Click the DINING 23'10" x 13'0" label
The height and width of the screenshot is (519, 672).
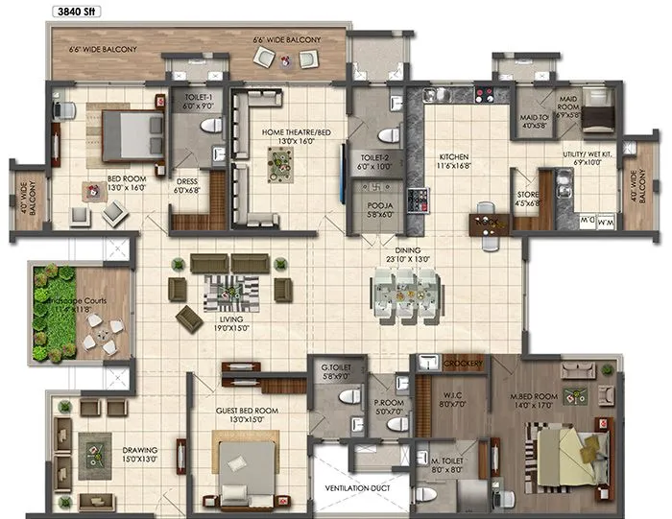[403, 252]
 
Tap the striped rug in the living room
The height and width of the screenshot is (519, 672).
[230, 290]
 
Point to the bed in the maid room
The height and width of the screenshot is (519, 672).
[598, 110]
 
